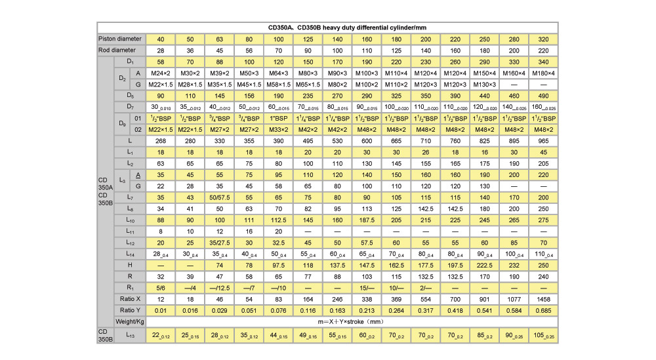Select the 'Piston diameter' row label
click(121, 39)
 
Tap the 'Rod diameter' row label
click(121, 50)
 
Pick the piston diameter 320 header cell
click(543, 39)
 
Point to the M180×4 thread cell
click(543, 73)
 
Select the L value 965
click(543, 141)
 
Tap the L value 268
click(160, 141)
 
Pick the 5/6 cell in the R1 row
click(160, 287)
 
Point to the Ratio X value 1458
click(543, 298)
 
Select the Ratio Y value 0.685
click(543, 310)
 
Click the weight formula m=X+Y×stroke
click(352, 321)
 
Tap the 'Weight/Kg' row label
click(129, 321)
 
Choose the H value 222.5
click(485, 264)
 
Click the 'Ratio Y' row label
click(129, 310)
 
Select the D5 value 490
click(543, 95)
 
